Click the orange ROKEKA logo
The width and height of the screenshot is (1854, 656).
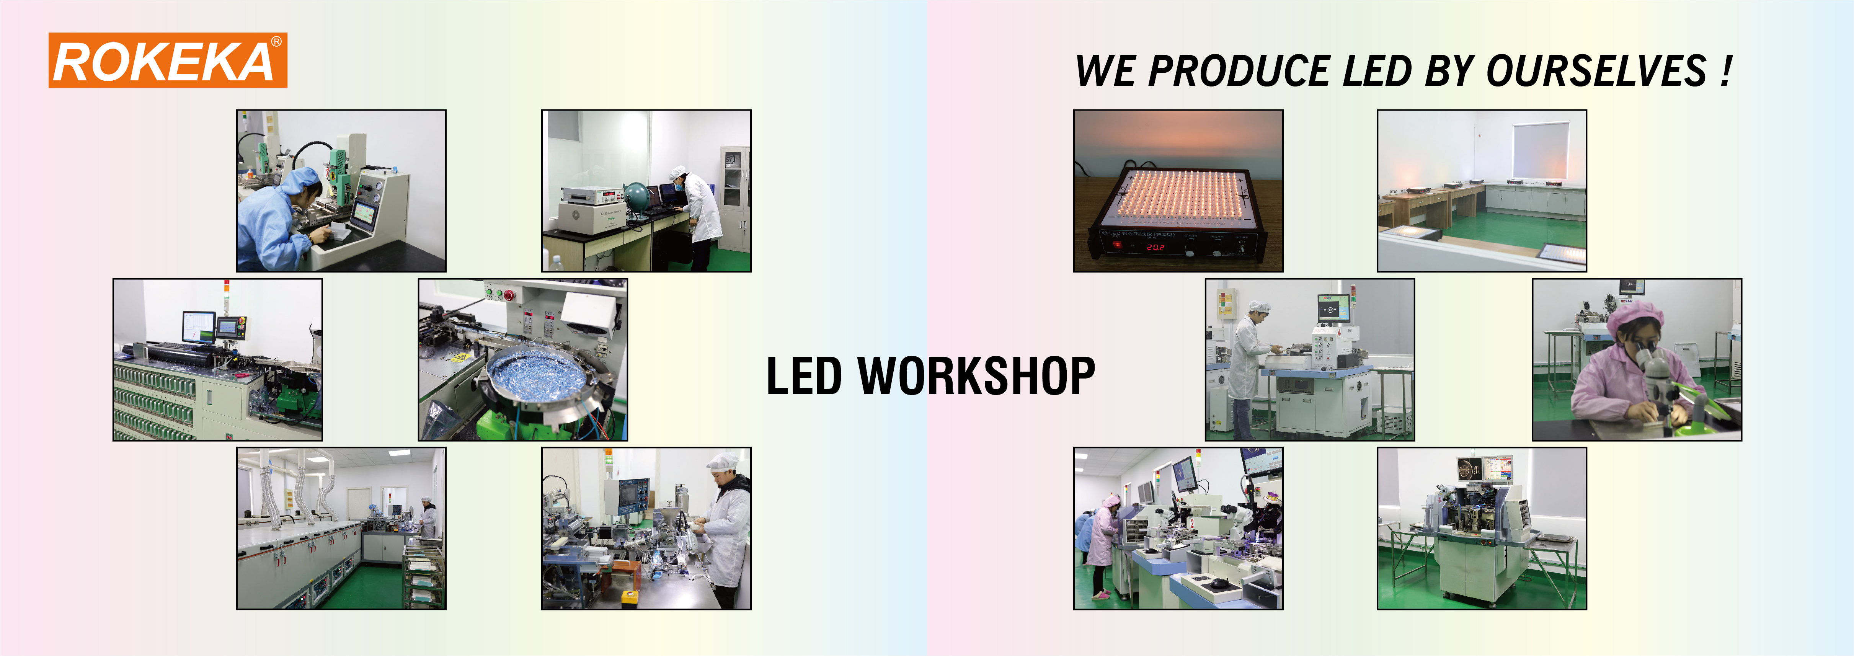[168, 60]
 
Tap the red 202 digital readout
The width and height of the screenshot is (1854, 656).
[1156, 247]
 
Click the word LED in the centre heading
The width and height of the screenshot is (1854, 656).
[803, 376]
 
